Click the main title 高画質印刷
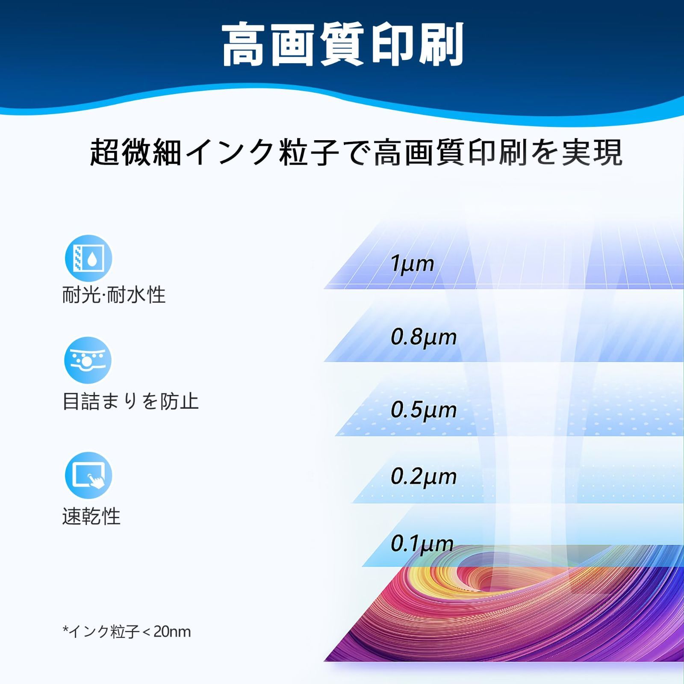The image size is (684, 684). click(x=342, y=44)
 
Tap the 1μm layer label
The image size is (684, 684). click(x=412, y=263)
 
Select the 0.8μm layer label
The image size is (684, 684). click(x=424, y=337)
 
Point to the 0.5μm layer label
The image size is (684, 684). click(x=424, y=410)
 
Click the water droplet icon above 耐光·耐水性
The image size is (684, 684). click(x=88, y=258)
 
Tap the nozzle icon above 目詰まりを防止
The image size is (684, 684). click(x=88, y=360)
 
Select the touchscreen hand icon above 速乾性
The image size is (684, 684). click(x=88, y=475)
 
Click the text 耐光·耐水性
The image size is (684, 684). click(x=114, y=295)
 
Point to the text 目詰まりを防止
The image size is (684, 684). click(x=131, y=401)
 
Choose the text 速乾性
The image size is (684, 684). click(x=91, y=516)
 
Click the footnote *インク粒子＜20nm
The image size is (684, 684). click(x=127, y=631)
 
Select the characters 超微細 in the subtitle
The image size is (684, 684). click(x=136, y=152)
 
